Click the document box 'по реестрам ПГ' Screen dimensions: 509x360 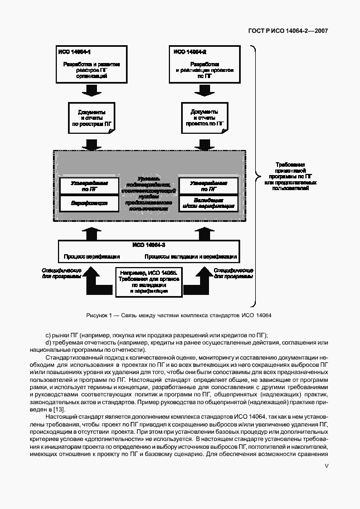pos(91,118)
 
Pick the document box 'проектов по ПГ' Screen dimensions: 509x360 pos(204,118)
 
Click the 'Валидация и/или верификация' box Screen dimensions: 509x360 pos(208,203)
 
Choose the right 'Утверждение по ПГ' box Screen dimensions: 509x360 pos(208,186)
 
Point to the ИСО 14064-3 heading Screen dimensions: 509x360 pos(149,245)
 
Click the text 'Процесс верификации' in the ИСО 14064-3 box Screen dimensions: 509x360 pos(92,257)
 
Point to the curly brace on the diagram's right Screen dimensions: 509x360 pos(256,173)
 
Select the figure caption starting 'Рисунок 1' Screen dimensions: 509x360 pos(178,316)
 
